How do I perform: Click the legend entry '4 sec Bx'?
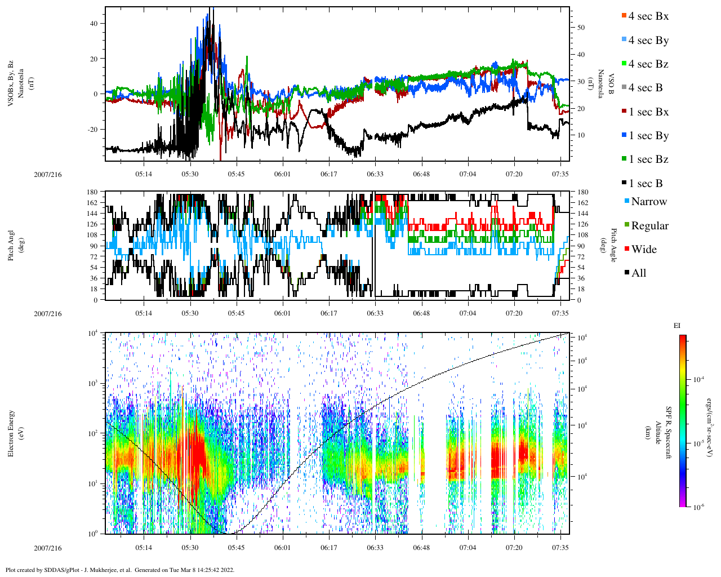tap(648, 16)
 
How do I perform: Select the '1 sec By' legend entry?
tap(648, 136)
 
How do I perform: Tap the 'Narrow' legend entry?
tap(648, 202)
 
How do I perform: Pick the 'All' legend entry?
tap(638, 273)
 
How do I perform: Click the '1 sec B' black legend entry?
tap(645, 184)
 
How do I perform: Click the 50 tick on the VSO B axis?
tap(581, 28)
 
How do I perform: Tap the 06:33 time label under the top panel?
tap(375, 174)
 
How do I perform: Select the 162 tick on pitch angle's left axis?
tap(92, 203)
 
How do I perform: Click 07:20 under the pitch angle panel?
tap(514, 313)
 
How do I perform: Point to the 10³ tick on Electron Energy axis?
tap(92, 383)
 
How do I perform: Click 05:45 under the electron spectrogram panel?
tap(236, 548)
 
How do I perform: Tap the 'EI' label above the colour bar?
tap(677, 326)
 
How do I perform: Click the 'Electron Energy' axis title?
tap(11, 433)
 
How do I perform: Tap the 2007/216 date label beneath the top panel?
tap(48, 174)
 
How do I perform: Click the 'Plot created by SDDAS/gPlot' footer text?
tap(119, 570)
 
